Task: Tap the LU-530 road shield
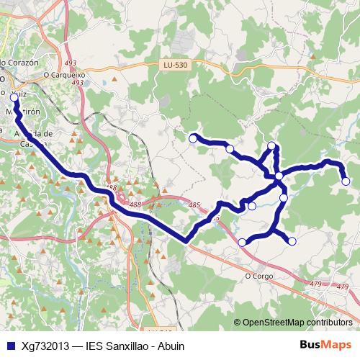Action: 175,66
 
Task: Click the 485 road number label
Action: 194,206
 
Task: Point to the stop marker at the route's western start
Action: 14,96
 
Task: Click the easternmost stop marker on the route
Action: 346,181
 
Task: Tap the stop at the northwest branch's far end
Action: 193,138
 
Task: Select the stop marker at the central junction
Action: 279,176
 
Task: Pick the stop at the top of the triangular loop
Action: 272,146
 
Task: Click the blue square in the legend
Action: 9,346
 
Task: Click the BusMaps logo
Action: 325,345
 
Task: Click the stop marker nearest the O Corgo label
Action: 243,242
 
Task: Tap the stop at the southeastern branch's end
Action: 292,241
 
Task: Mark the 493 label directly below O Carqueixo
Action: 78,83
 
